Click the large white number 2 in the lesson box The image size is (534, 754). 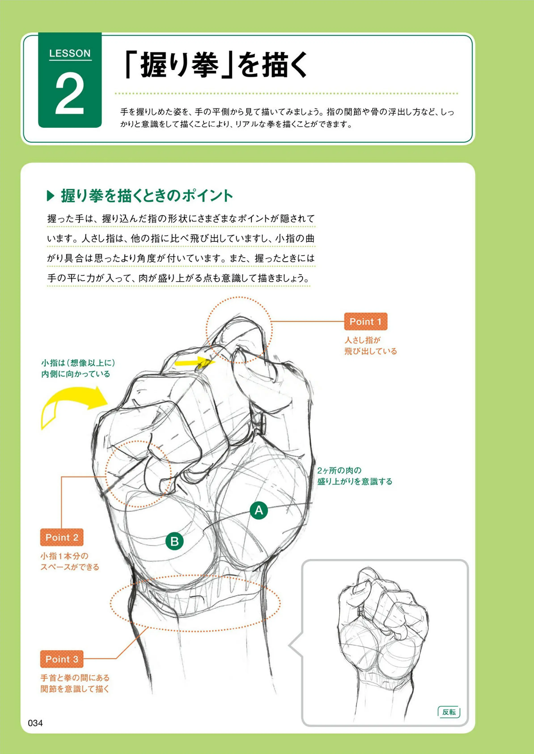pyautogui.click(x=70, y=94)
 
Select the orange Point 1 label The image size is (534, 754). pyautogui.click(x=365, y=321)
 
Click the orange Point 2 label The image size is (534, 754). pyautogui.click(x=61, y=537)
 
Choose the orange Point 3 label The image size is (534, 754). pyautogui.click(x=61, y=659)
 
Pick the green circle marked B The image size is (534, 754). pyautogui.click(x=174, y=541)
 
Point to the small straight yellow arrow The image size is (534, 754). pyautogui.click(x=195, y=362)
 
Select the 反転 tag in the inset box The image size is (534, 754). pyautogui.click(x=449, y=712)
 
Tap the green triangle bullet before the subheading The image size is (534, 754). pyautogui.click(x=51, y=196)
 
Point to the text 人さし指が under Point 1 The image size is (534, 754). pyautogui.click(x=362, y=340)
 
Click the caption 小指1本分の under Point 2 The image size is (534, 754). pyautogui.click(x=64, y=556)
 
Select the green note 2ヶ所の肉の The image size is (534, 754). pyautogui.click(x=339, y=471)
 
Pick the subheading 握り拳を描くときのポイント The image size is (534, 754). pyautogui.click(x=147, y=196)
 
